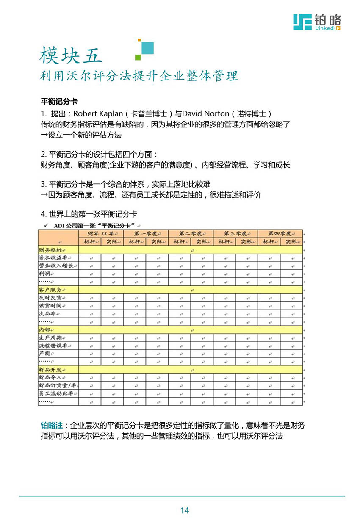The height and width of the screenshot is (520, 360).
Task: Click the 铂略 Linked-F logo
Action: [317, 22]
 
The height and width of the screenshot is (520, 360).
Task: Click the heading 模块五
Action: [71, 56]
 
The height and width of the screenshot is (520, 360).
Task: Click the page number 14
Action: [184, 510]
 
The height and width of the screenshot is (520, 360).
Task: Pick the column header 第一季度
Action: [145, 233]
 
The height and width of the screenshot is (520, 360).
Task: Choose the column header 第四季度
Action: [280, 233]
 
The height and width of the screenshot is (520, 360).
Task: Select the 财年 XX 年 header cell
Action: [101, 233]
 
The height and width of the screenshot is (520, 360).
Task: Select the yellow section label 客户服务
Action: [51, 290]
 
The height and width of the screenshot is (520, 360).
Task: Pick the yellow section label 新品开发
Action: [51, 369]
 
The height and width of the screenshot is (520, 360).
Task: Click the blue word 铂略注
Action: [51, 425]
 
